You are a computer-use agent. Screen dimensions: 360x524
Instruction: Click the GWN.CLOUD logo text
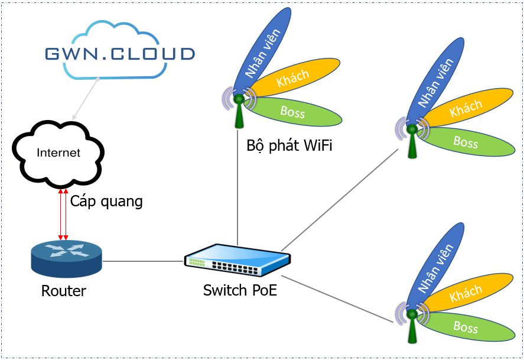point(120,54)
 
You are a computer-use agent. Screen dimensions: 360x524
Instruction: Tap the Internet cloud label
point(58,153)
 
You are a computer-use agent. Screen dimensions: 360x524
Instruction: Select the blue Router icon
point(66,258)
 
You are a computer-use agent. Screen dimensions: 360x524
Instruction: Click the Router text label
point(64,291)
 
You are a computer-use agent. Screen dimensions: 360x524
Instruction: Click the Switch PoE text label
point(240,291)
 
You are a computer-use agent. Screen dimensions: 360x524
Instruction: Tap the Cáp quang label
point(107,201)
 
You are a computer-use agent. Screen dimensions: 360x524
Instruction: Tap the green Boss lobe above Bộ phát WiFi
point(298,111)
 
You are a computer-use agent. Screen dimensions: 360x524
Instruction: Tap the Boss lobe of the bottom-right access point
point(467,326)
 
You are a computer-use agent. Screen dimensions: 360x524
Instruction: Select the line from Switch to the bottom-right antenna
point(337,299)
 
